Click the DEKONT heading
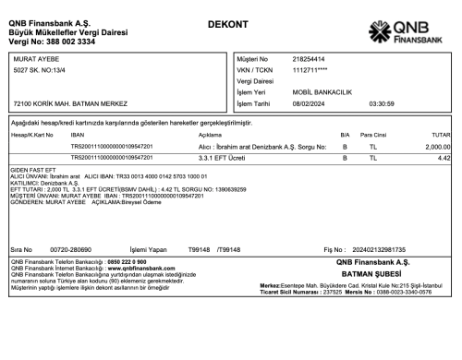227,22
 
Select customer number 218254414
308,59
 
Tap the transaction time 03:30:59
382,103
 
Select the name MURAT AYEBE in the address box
33,59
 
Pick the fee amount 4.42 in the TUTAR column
444,159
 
